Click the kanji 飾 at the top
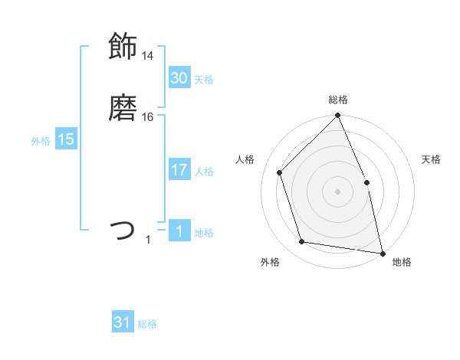coord(123,46)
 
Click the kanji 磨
coord(123,110)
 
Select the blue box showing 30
coord(179,77)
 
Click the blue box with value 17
coord(179,170)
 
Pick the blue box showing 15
coord(66,139)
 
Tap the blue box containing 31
coord(123,322)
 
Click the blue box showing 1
coord(179,231)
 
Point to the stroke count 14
coord(147,56)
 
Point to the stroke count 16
coord(147,117)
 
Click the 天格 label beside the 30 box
coord(204,80)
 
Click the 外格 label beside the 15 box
coord(41,141)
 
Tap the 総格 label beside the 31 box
coord(148,325)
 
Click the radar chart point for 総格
coord(337,116)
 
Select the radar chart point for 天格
coord(366,182)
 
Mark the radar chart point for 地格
coord(383,253)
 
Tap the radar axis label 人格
coord(245,159)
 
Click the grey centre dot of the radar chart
coord(337,191)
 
